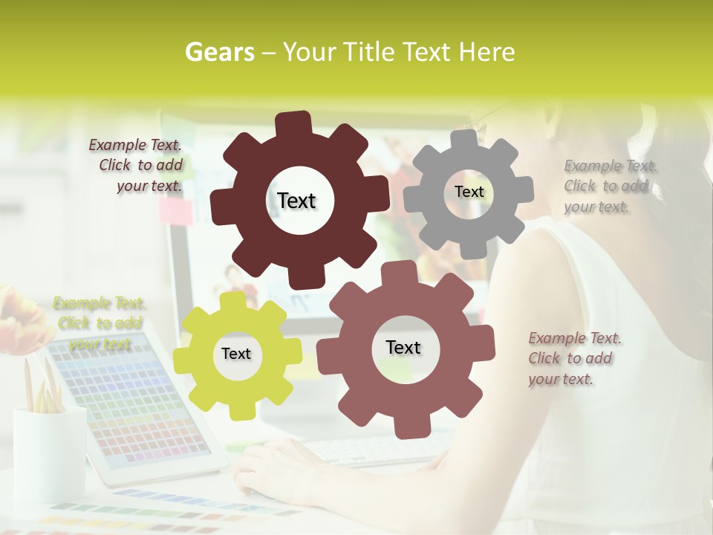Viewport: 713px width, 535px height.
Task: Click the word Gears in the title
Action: click(219, 52)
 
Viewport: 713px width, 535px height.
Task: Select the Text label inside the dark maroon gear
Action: click(296, 201)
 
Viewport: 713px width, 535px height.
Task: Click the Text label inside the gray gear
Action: click(469, 192)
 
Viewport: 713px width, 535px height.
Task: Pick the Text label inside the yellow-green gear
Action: click(236, 354)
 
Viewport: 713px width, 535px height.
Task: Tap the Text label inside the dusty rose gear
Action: click(403, 347)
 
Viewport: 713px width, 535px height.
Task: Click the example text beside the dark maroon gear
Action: click(137, 166)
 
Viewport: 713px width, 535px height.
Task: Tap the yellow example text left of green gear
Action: click(100, 323)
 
